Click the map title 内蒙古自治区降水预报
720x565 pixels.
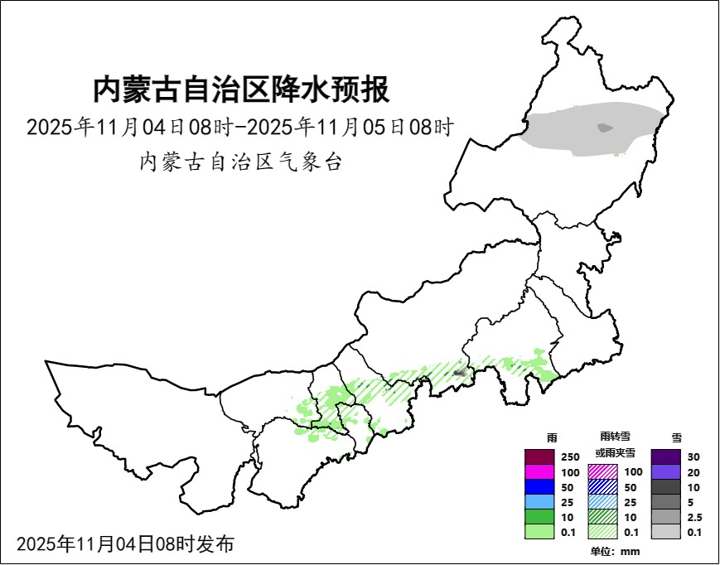[240, 89]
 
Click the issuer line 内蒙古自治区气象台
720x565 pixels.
[240, 162]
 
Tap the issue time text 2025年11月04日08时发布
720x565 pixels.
[125, 544]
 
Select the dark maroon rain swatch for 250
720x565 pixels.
[539, 456]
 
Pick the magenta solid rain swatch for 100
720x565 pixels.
[539, 471]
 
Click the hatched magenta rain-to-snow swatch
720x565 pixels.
[603, 471]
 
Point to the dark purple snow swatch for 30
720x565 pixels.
[666, 456]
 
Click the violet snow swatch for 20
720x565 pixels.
[666, 471]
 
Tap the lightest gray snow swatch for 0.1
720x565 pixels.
[666, 532]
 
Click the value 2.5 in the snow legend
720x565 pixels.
[695, 517]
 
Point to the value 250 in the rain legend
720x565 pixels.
[570, 457]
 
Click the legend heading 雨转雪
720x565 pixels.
[615, 437]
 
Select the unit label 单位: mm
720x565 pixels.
[615, 552]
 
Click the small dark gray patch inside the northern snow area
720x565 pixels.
[605, 128]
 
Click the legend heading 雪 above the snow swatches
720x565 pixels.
[676, 437]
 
